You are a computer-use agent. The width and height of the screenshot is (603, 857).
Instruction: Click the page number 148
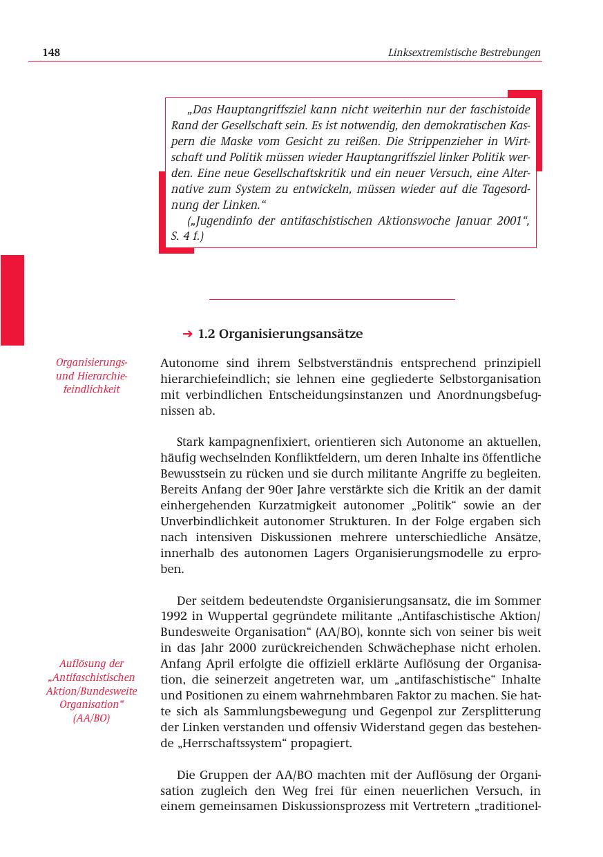point(51,53)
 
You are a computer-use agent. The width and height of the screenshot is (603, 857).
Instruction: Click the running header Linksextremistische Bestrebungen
point(464,53)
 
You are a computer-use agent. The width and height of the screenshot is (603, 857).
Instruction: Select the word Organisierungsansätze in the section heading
point(291,335)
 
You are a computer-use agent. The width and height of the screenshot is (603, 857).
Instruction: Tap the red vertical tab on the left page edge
point(12,300)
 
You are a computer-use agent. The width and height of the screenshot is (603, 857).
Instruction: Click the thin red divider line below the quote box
point(332,299)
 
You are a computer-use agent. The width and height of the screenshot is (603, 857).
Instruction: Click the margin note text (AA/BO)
point(91,717)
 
